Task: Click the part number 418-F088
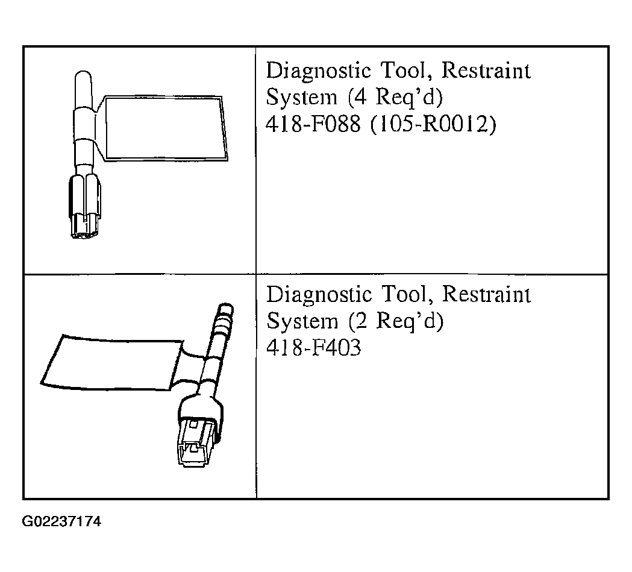(x=313, y=124)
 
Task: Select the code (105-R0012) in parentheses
(x=433, y=124)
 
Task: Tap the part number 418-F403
(x=313, y=347)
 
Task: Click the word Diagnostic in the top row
(x=319, y=72)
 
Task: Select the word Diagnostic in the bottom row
(x=319, y=295)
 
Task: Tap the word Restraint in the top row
(x=486, y=71)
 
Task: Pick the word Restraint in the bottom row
(x=486, y=294)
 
